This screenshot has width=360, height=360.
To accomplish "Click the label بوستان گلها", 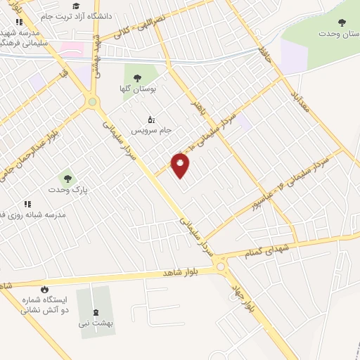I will coord(139,90).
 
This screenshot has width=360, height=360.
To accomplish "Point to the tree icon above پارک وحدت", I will coord(67,179).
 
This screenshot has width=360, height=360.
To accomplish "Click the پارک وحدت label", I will coord(66,191).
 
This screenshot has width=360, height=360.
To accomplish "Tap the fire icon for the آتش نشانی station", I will coord(46,289).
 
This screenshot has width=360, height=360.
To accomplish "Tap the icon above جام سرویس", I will coord(150,119).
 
